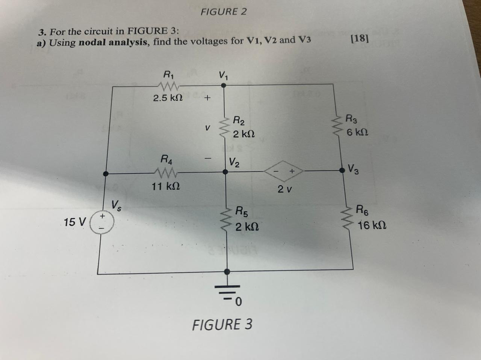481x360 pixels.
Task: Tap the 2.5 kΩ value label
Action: pos(168,98)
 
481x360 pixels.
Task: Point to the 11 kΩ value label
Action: pos(166,186)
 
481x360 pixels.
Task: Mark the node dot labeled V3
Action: pos(342,170)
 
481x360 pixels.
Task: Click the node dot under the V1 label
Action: pos(224,85)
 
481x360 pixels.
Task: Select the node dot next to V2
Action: pos(225,172)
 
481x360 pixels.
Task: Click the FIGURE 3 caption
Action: pos(222,324)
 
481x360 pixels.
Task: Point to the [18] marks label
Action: pos(359,38)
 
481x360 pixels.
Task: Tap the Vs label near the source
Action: pos(116,206)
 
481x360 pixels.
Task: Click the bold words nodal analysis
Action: pos(113,42)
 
